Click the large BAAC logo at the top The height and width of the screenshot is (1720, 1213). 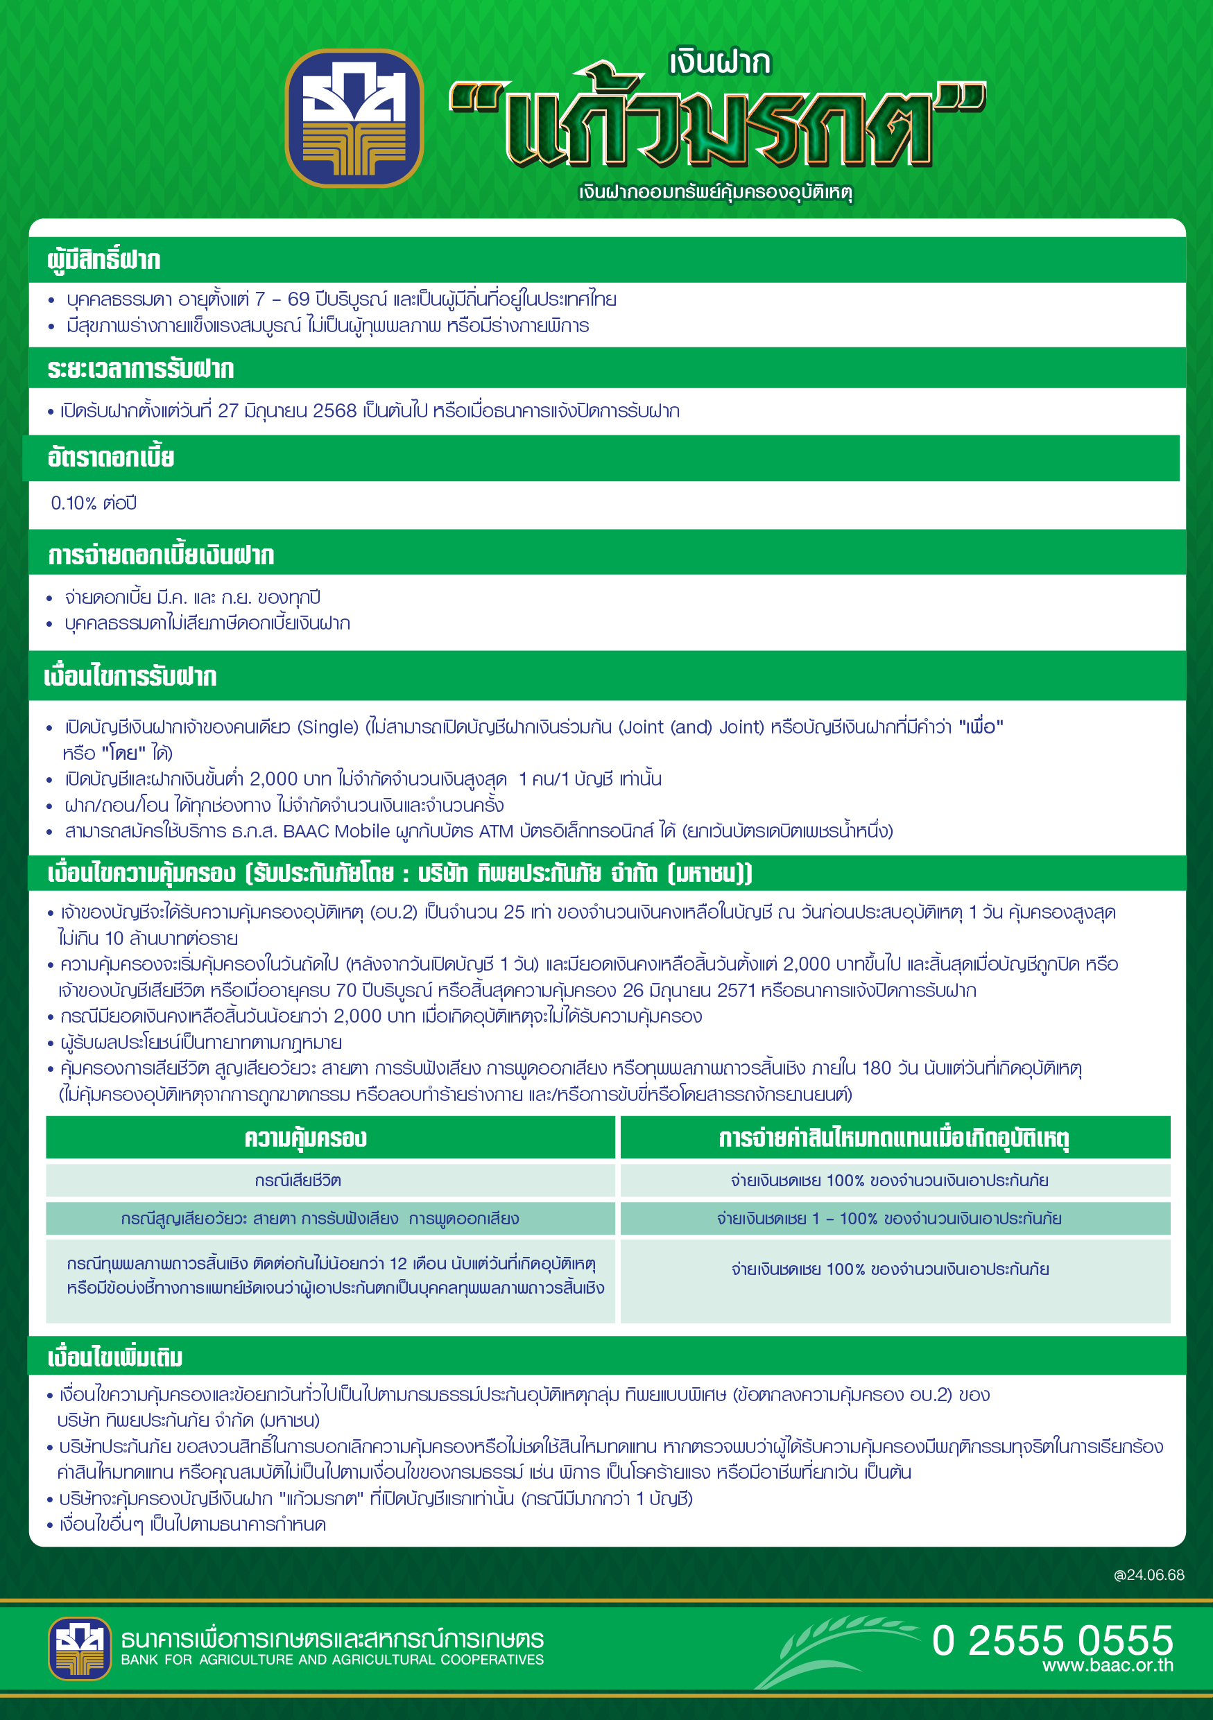354,118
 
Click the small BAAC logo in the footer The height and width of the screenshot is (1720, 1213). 80,1648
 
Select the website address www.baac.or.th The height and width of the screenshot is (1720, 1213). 1108,1665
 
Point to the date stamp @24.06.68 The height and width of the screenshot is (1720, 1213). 1149,1574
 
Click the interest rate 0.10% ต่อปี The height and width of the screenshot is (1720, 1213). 94,503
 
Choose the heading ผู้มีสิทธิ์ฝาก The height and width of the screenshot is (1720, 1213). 104,260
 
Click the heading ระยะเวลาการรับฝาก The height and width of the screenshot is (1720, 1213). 141,370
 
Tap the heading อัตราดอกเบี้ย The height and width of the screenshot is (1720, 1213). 111,458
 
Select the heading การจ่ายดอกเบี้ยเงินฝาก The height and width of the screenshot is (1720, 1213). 161,555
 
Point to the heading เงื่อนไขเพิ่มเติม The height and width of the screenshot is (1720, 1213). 115,1357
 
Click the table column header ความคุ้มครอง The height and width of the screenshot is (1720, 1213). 306,1138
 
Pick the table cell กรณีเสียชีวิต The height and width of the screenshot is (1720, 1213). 298,1181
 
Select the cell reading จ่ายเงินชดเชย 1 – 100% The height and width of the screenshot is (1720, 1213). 888,1219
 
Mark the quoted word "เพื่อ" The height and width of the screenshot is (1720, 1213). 981,727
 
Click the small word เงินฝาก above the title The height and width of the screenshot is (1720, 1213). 719,63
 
